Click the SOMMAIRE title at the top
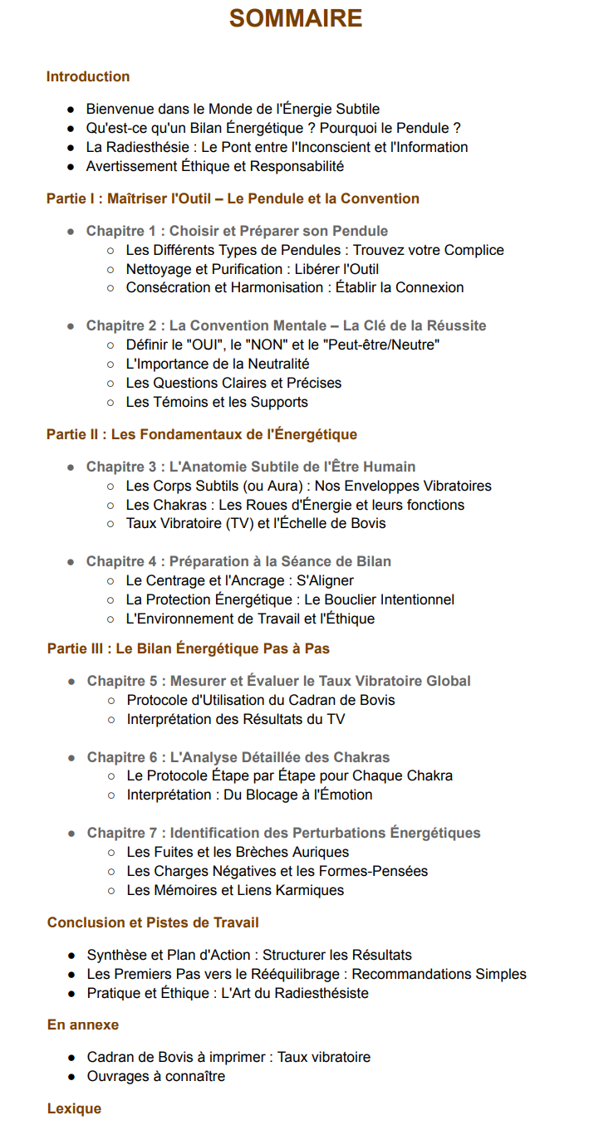point(296,18)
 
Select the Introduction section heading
point(88,76)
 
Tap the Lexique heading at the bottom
point(74,1108)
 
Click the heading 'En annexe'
point(83,1025)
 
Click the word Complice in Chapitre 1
point(475,250)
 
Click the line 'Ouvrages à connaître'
point(156,1076)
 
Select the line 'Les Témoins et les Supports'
point(217,402)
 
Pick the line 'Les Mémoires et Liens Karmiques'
point(235,890)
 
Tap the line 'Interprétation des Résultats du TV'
point(236,719)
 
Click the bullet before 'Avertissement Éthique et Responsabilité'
point(71,167)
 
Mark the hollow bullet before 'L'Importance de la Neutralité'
point(110,364)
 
